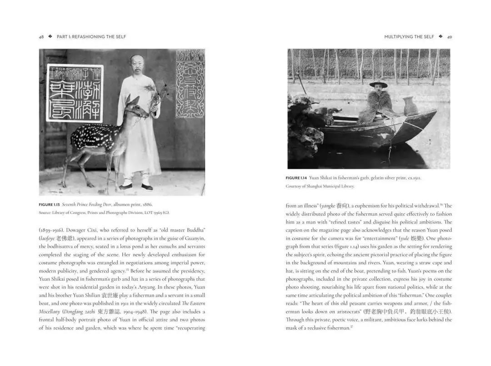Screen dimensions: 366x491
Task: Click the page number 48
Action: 41,37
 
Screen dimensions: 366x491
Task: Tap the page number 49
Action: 449,37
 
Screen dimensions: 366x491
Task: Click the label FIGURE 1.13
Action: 52,204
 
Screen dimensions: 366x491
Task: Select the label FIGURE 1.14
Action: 299,178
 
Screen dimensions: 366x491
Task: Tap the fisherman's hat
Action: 378,84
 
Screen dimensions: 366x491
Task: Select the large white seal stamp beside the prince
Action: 75,93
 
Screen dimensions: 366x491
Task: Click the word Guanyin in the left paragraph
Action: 195,238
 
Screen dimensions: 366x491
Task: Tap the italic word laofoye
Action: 47,238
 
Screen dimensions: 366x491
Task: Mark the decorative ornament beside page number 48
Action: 50,37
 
